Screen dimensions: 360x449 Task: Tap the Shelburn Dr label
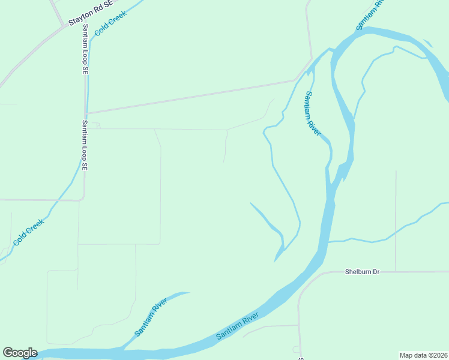[x=363, y=272]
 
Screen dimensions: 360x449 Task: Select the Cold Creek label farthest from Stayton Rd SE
[x=28, y=232]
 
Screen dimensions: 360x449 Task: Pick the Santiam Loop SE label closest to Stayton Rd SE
[x=86, y=49]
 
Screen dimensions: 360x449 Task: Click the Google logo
[x=20, y=353]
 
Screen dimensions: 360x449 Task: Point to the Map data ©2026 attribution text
[x=423, y=355]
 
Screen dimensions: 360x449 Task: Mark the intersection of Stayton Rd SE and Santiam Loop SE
[x=65, y=26]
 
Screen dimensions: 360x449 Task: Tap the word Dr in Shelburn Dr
[x=376, y=272]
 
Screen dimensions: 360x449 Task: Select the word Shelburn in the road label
[x=358, y=272]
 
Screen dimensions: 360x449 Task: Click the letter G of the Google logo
[x=8, y=353]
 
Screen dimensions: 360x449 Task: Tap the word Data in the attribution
[x=418, y=355]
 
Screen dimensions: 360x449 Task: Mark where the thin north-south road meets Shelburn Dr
[x=396, y=271]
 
